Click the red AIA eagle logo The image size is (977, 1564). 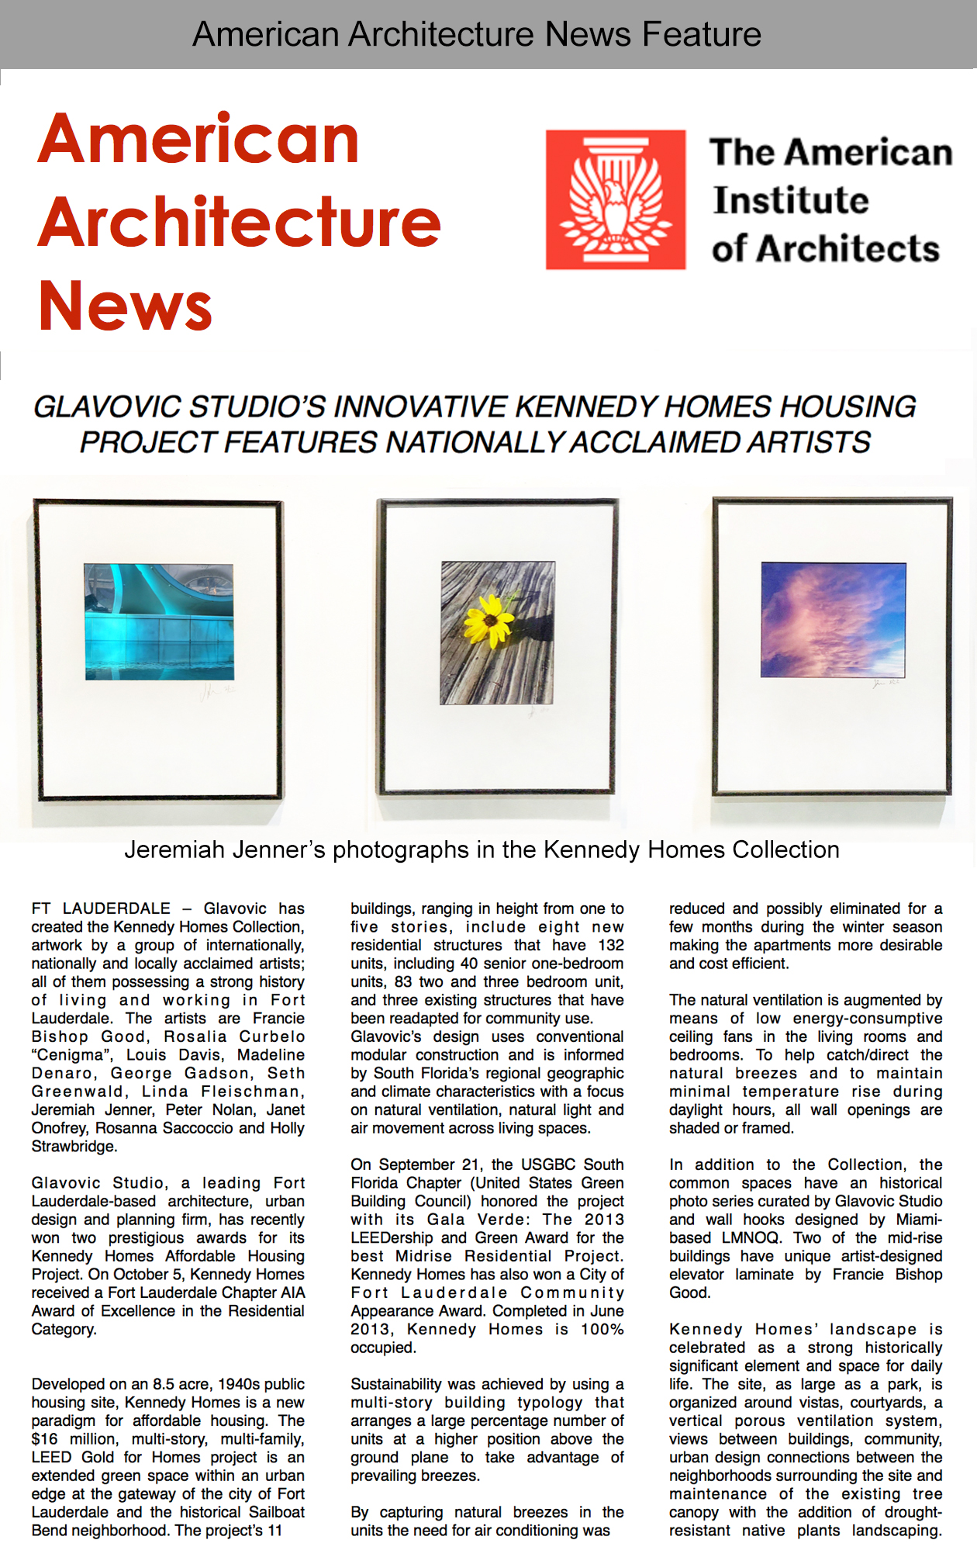click(x=616, y=200)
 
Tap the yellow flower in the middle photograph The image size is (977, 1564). click(x=489, y=620)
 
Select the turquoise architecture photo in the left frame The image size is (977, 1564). click(x=159, y=621)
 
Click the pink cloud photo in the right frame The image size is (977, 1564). click(x=833, y=620)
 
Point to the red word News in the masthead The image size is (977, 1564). click(x=125, y=305)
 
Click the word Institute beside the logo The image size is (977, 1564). click(x=791, y=200)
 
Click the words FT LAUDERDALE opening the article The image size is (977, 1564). click(x=101, y=908)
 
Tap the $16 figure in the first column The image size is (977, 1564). click(x=44, y=1439)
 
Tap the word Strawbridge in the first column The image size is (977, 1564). click(x=74, y=1147)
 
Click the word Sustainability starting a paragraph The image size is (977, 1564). click(x=399, y=1384)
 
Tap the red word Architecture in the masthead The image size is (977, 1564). click(x=240, y=222)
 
